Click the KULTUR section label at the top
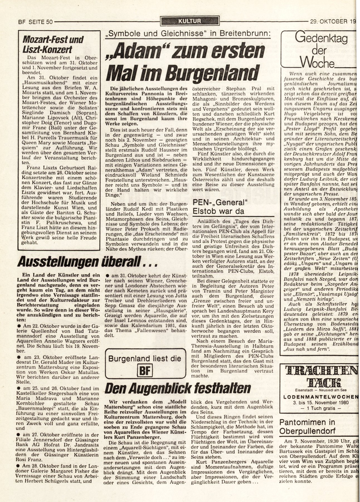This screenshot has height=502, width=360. pos(190,21)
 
